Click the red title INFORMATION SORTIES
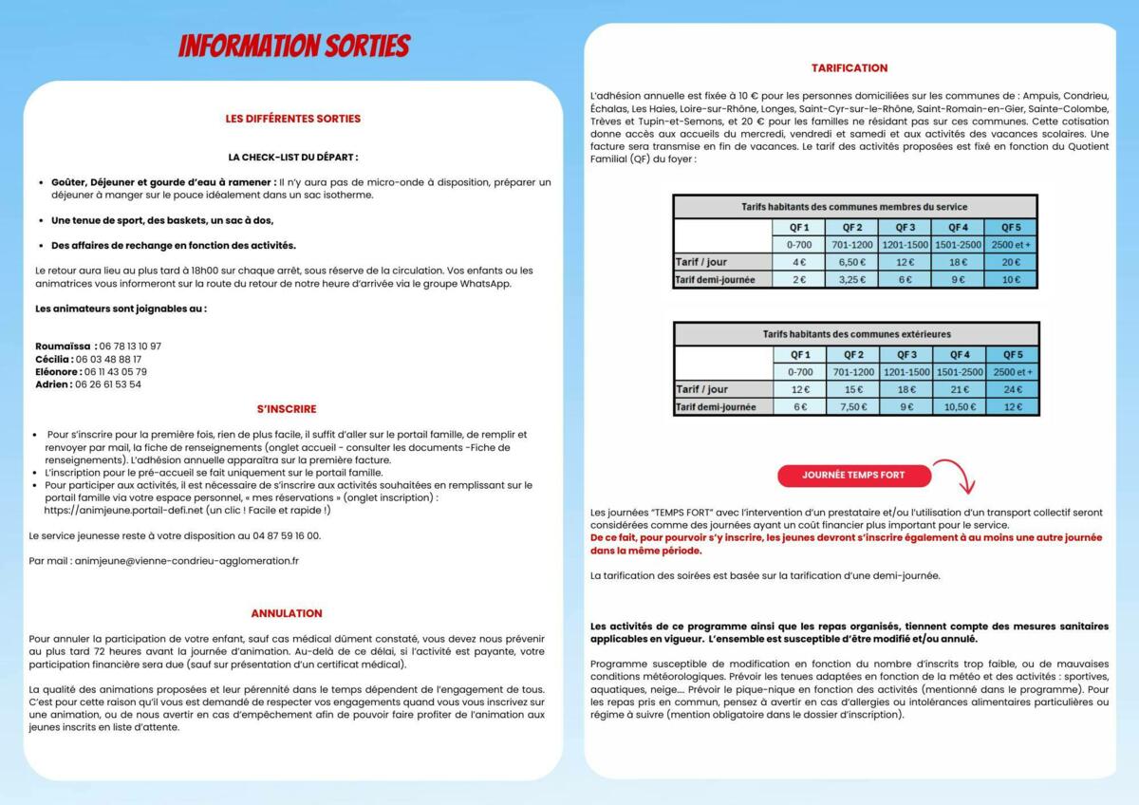click(x=294, y=46)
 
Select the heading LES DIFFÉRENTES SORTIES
click(x=292, y=119)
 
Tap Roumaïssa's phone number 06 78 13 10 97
click(x=130, y=346)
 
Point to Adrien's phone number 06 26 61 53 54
click(x=108, y=384)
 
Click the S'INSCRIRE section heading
click(x=287, y=409)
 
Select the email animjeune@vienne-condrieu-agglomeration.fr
click(x=177, y=560)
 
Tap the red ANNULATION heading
click(x=287, y=613)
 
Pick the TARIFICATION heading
click(x=850, y=68)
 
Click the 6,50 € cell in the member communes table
click(x=852, y=262)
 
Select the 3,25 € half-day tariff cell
click(x=852, y=280)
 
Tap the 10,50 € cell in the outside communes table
click(x=959, y=407)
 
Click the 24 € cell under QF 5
click(x=1012, y=389)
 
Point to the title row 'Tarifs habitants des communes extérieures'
click(x=856, y=334)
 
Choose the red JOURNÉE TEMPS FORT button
click(x=853, y=475)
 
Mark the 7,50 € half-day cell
click(x=852, y=407)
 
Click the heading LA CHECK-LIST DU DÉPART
click(x=292, y=157)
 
